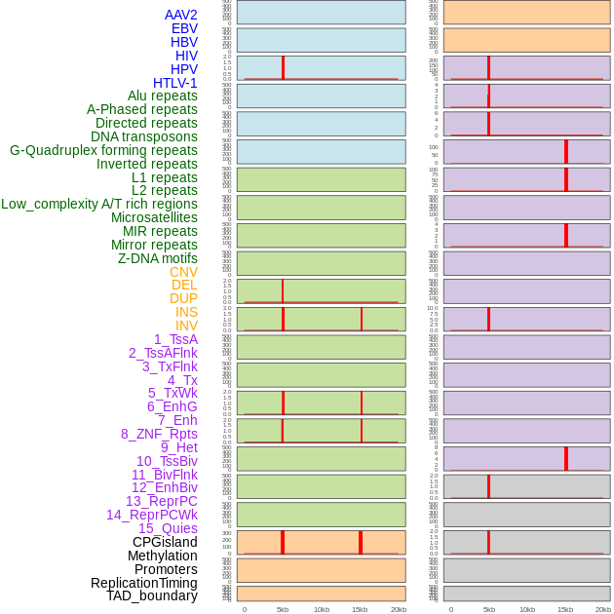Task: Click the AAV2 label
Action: [180, 15]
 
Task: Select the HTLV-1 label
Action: [174, 83]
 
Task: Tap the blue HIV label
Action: [186, 56]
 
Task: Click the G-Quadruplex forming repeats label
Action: [103, 150]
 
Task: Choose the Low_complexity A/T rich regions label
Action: [99, 204]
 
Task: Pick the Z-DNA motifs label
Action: [157, 258]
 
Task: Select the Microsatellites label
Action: [154, 217]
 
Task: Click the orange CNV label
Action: [183, 272]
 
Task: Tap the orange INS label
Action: [186, 312]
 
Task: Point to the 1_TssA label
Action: [175, 339]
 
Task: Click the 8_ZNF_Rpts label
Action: [159, 434]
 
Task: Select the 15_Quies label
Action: [168, 528]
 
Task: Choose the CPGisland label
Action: [165, 542]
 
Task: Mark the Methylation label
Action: [162, 556]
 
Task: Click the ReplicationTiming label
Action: [143, 583]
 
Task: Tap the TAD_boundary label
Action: [151, 595]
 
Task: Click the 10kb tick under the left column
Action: [321, 609]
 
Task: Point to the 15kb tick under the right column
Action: [565, 609]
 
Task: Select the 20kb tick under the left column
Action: [398, 609]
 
